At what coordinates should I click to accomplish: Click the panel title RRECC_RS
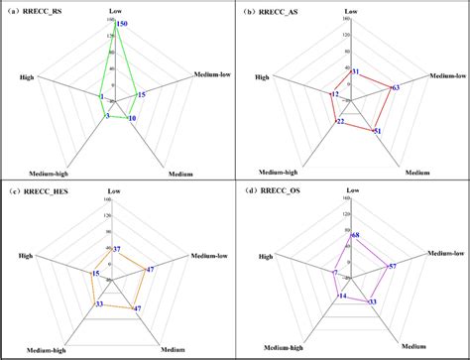37,11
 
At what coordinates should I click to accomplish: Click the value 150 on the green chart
121,23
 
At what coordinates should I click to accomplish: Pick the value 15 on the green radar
142,94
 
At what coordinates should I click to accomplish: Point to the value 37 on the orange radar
117,248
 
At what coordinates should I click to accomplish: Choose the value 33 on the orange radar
99,304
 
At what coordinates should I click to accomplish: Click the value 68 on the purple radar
355,235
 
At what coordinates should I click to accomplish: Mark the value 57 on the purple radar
392,267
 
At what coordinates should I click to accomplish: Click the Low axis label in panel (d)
350,194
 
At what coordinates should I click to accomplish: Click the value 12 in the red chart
334,94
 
